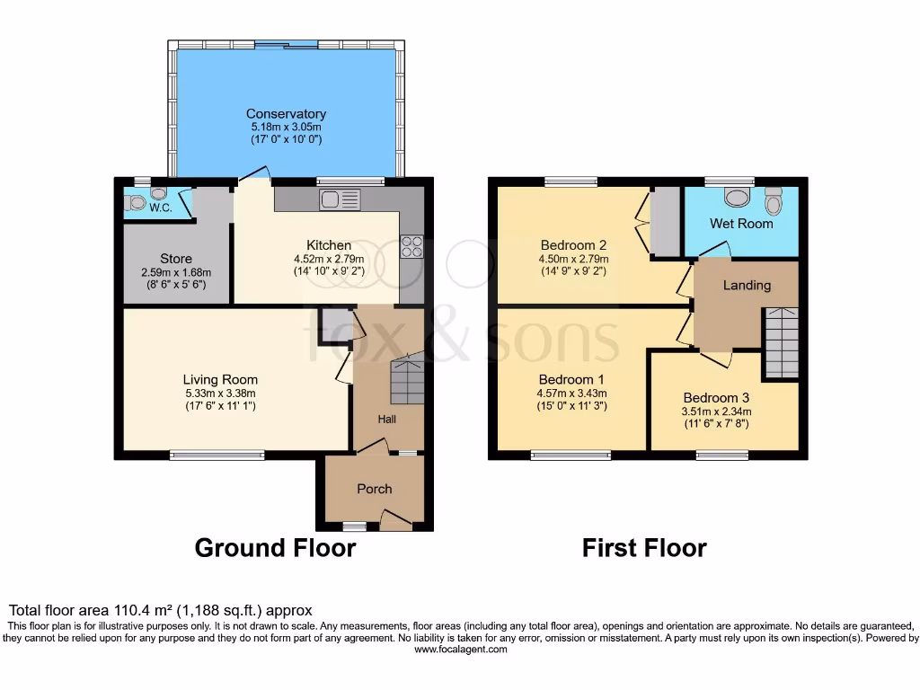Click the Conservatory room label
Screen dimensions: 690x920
click(x=286, y=114)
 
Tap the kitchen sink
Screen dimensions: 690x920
click(x=339, y=199)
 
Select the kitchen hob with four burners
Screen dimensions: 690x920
click(x=411, y=246)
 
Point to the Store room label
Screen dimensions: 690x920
click(x=176, y=259)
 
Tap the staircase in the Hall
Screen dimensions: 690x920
click(x=408, y=381)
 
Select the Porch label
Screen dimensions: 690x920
click(x=375, y=489)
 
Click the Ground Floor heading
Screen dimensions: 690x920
click(x=275, y=547)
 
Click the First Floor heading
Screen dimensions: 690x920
click(x=644, y=547)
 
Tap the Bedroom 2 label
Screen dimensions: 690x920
click(x=574, y=245)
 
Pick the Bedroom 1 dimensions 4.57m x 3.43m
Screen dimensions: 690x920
click(x=572, y=393)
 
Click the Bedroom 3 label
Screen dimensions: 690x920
click(x=716, y=398)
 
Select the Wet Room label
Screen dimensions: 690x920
click(x=741, y=223)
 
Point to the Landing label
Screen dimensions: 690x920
click(x=747, y=286)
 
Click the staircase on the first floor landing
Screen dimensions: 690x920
click(x=781, y=342)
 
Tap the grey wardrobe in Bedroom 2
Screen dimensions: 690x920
click(x=665, y=221)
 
